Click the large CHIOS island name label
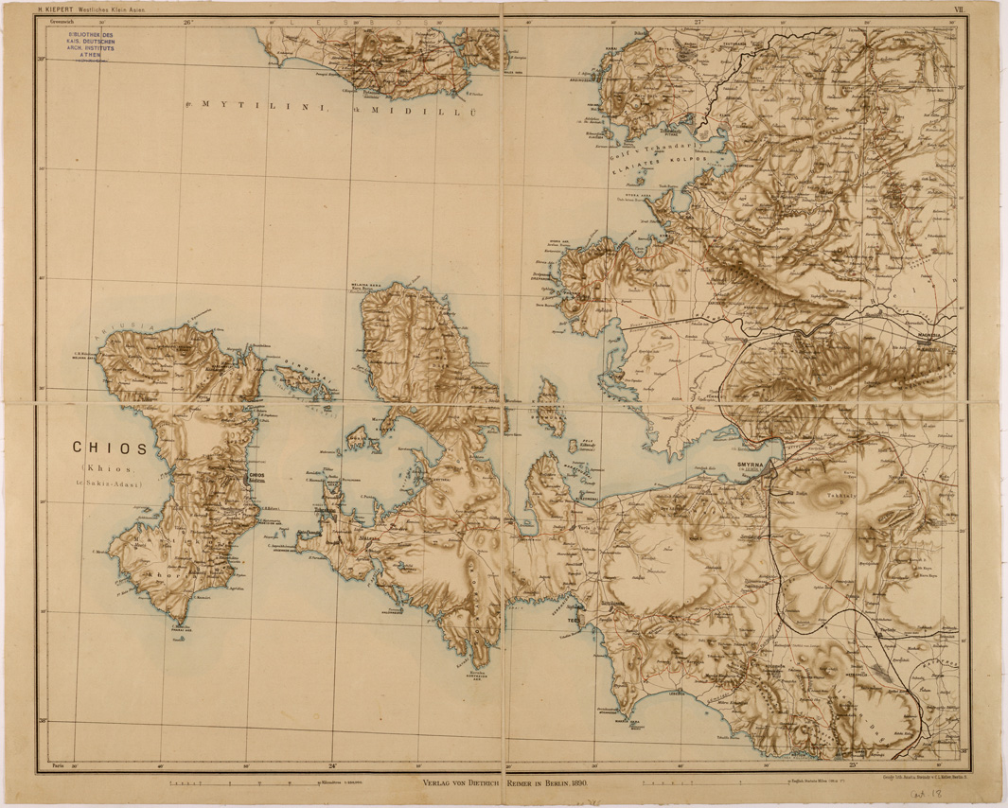coord(109,448)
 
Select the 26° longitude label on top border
coord(187,20)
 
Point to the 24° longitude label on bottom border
coord(332,764)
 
